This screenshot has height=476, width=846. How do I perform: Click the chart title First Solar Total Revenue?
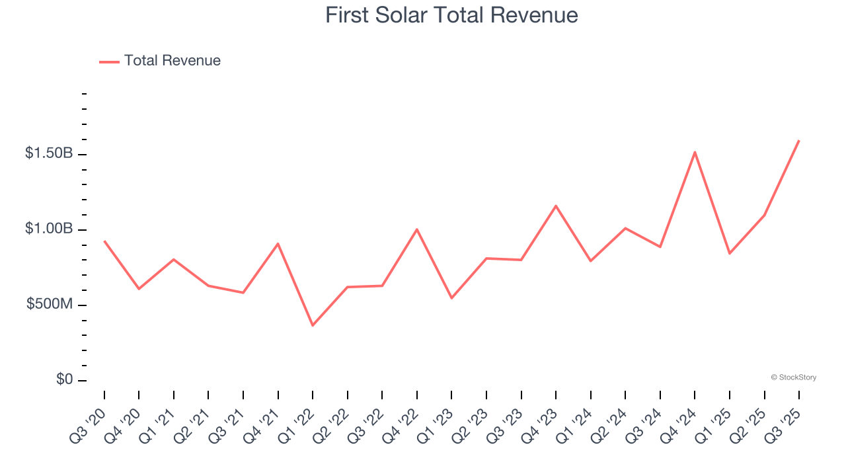pyautogui.click(x=451, y=15)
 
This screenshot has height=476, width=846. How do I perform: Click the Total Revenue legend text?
pyautogui.click(x=172, y=61)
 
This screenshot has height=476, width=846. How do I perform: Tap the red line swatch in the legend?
pyautogui.click(x=109, y=61)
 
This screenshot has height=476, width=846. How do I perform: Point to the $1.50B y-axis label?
pyautogui.click(x=49, y=153)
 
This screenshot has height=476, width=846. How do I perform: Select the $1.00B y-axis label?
pyautogui.click(x=49, y=229)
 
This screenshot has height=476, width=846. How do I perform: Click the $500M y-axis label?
pyautogui.click(x=50, y=304)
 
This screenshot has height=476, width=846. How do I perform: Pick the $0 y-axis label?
pyautogui.click(x=65, y=379)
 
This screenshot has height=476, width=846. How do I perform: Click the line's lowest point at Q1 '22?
pyautogui.click(x=313, y=325)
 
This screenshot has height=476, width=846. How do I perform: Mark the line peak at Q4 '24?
pyautogui.click(x=695, y=152)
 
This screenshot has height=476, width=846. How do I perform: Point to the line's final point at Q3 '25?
pyautogui.click(x=799, y=140)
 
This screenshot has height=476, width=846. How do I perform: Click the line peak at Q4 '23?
pyautogui.click(x=556, y=206)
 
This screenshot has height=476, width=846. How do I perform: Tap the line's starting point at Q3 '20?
pyautogui.click(x=104, y=241)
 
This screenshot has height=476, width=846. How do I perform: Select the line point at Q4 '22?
pyautogui.click(x=417, y=229)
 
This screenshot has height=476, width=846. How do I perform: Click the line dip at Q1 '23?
pyautogui.click(x=451, y=298)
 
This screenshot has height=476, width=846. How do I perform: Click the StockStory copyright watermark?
pyautogui.click(x=793, y=377)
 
